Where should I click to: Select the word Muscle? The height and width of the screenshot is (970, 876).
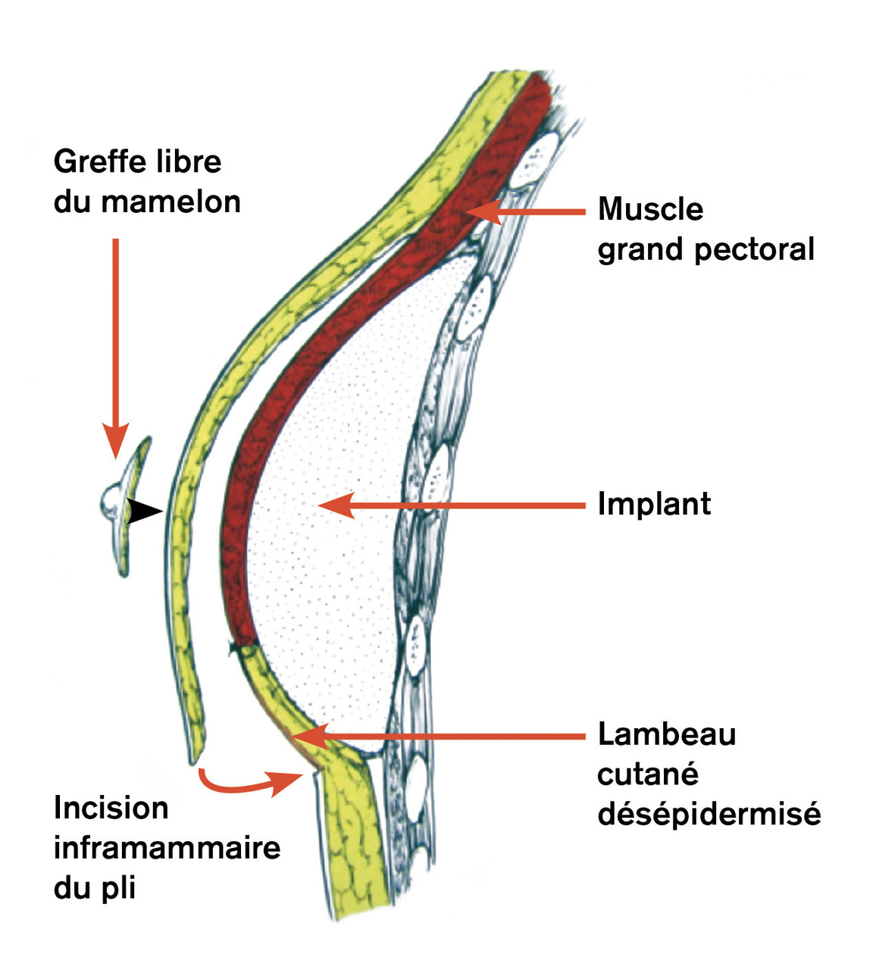click(650, 209)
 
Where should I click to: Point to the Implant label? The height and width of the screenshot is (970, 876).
click(654, 504)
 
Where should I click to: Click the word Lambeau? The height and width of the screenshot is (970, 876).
click(666, 734)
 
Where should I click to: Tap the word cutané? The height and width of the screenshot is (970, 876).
click(647, 774)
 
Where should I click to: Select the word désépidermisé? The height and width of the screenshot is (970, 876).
click(709, 815)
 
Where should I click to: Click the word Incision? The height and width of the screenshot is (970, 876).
click(111, 808)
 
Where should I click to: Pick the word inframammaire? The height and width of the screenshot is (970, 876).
click(167, 847)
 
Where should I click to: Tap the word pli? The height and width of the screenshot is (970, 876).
click(117, 887)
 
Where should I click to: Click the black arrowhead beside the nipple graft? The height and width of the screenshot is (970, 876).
click(144, 512)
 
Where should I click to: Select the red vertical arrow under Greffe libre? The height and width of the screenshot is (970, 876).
click(116, 349)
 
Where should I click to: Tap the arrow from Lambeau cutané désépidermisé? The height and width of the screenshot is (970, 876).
click(440, 735)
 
